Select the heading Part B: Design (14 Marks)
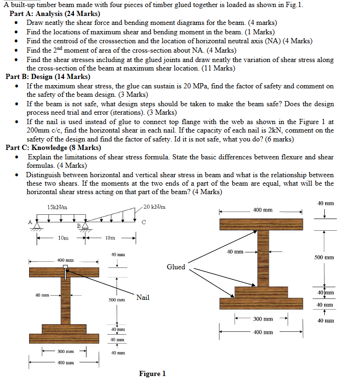(48, 77)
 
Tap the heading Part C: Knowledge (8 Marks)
(53, 148)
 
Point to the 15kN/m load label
(57, 207)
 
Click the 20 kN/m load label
(154, 207)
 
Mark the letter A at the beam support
(31, 221)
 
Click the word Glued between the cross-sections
(176, 267)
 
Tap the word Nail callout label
(143, 297)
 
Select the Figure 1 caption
(152, 374)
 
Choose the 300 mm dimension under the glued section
(264, 319)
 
